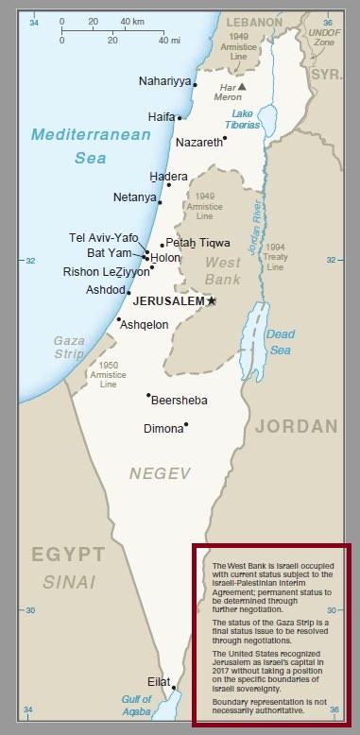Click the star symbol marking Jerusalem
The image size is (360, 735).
point(212,300)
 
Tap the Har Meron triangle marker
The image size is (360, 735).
point(242,86)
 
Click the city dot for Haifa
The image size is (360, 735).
point(180,118)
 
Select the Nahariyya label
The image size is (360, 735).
point(164,80)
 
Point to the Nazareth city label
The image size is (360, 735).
point(198,142)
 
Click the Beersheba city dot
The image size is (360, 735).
point(148,396)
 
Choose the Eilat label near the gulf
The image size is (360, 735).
point(159,681)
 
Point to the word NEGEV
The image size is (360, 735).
point(160,472)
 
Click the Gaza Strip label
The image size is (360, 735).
point(69,347)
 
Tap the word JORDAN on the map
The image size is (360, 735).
point(296,426)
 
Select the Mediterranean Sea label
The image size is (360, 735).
point(90,146)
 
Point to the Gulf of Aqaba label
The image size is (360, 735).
point(136,705)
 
